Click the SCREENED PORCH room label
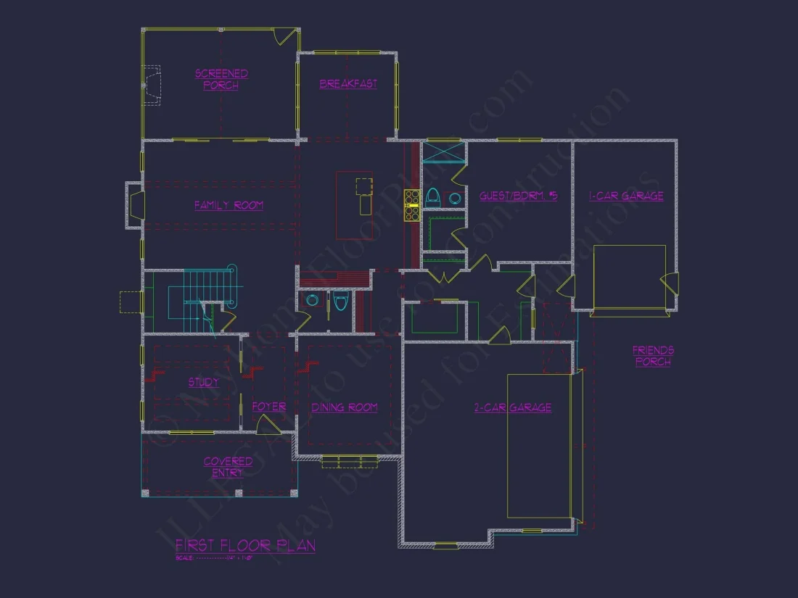click(x=221, y=79)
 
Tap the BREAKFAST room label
click(x=348, y=84)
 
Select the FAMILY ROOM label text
click(x=229, y=206)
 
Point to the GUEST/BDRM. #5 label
click(x=518, y=196)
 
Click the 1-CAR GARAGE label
click(x=626, y=196)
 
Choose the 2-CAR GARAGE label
click(x=513, y=408)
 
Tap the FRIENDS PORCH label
click(x=653, y=356)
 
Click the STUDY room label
click(x=203, y=383)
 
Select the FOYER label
click(x=268, y=407)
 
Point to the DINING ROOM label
click(x=345, y=408)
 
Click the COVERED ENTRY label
click(x=228, y=467)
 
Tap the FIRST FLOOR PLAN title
click(x=245, y=546)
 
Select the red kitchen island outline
click(x=354, y=205)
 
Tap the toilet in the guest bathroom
click(x=433, y=196)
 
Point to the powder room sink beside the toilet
click(x=313, y=301)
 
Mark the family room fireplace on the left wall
click(x=136, y=205)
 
